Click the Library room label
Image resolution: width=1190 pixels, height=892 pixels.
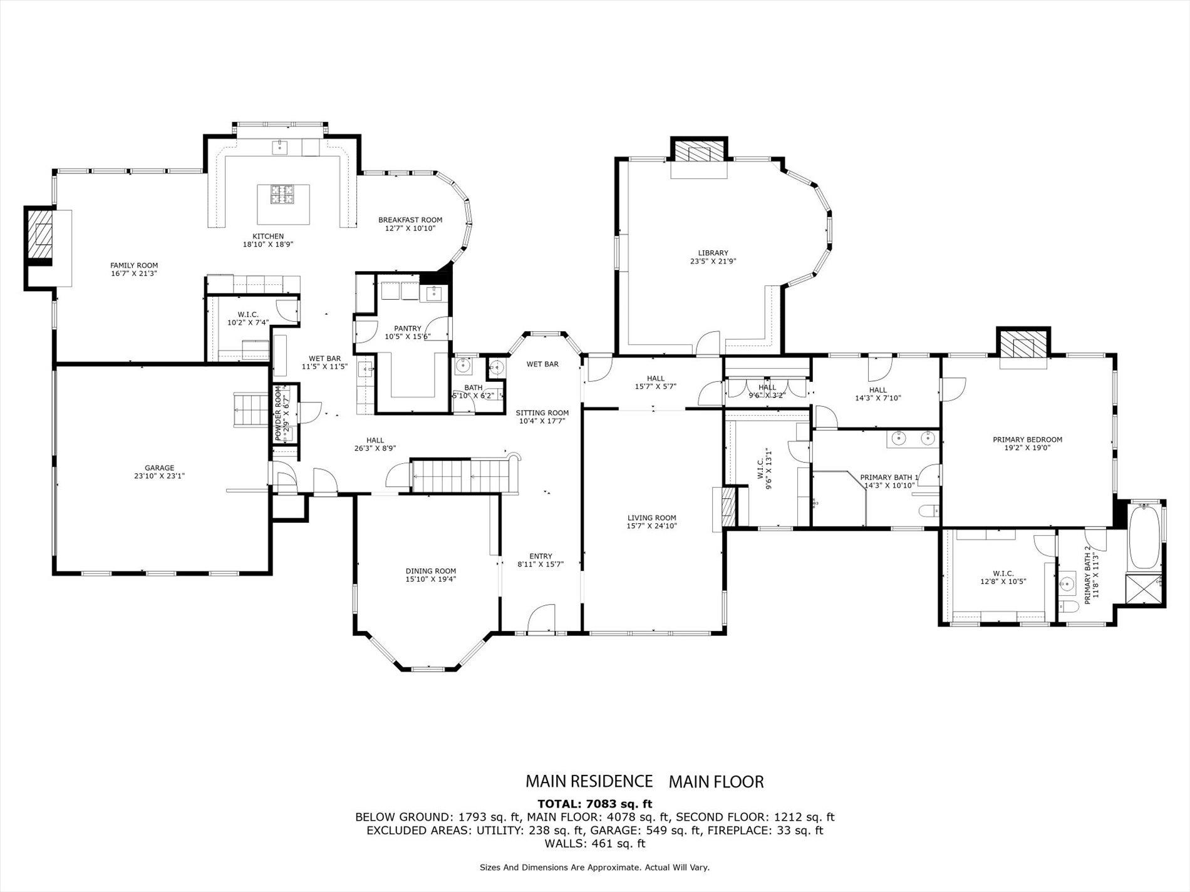(x=713, y=253)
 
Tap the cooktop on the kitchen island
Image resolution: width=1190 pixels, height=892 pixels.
(x=284, y=195)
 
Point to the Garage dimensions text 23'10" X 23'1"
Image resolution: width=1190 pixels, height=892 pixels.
(x=159, y=476)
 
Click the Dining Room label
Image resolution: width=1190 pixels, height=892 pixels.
(x=430, y=571)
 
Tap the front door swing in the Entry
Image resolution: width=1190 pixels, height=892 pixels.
(x=541, y=620)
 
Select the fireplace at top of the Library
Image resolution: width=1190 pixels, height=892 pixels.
(x=699, y=151)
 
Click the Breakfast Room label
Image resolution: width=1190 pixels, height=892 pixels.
(x=410, y=220)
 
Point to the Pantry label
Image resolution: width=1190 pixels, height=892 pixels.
(x=407, y=328)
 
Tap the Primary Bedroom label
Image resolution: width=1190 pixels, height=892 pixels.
(x=1027, y=439)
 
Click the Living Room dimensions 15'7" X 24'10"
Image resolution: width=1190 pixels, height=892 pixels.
(x=651, y=526)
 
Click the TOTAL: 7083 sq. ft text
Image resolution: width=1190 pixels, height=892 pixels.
(x=594, y=804)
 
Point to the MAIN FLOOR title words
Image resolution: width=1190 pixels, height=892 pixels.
(x=716, y=781)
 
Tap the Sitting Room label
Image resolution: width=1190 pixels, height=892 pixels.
(x=542, y=413)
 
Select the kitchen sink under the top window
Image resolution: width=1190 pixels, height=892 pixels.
(x=278, y=147)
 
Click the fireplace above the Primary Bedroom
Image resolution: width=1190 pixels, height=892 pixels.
(x=1023, y=344)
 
